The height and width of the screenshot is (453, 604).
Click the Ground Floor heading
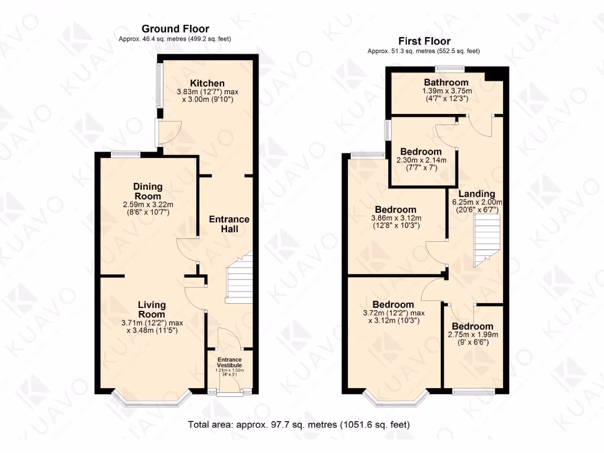click(175, 29)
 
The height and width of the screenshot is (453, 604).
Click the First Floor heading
click(424, 41)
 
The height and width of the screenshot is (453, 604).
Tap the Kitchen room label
click(207, 83)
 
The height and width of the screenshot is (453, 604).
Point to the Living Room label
click(152, 310)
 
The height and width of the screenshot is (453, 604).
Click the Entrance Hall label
click(229, 224)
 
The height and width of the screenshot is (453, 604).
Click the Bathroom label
click(446, 83)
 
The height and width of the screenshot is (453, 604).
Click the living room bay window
click(152, 401)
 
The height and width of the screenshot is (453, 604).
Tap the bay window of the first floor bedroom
click(395, 401)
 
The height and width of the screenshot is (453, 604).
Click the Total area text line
click(298, 425)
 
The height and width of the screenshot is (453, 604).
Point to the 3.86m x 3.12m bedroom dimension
click(395, 221)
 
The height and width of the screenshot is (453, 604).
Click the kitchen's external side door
click(159, 133)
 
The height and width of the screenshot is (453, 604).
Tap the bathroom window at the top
click(450, 67)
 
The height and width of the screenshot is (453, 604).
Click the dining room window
click(126, 155)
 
